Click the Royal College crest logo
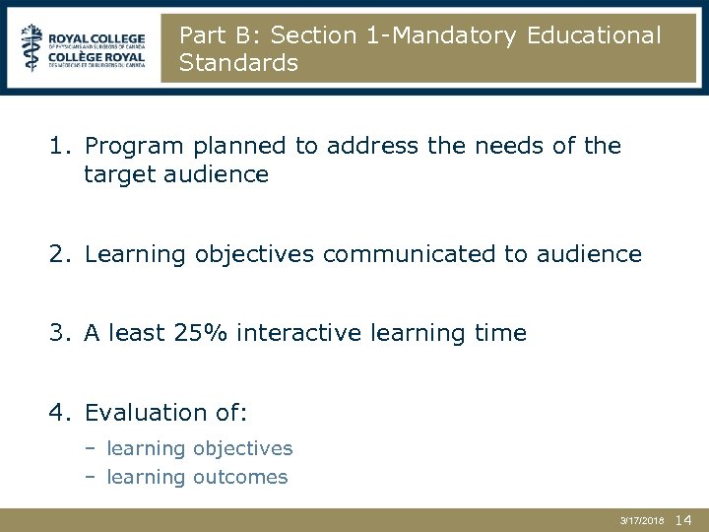[x=32, y=46]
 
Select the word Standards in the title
[x=238, y=63]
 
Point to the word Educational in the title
[x=595, y=35]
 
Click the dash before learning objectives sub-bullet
[x=89, y=449]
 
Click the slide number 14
[x=685, y=518]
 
